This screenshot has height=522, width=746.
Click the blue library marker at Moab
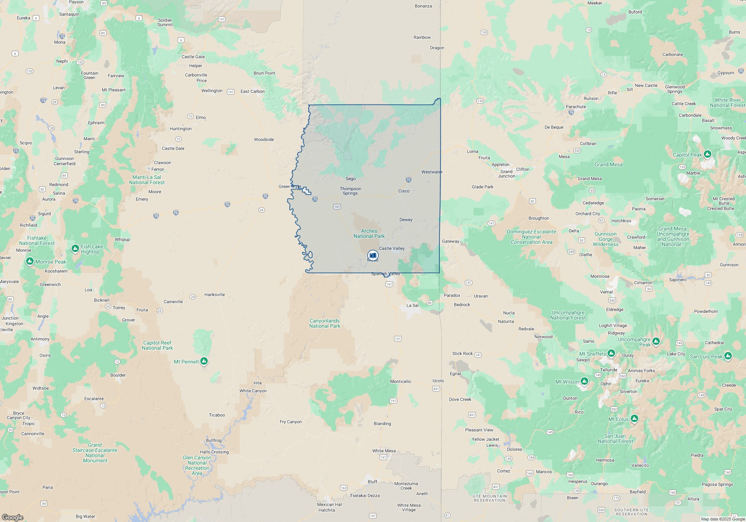(x=373, y=255)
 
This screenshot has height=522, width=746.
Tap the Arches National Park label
(x=369, y=233)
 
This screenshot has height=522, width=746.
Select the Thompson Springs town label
(x=350, y=191)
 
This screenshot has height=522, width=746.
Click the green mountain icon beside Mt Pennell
(x=204, y=361)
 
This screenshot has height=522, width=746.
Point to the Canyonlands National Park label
(x=325, y=323)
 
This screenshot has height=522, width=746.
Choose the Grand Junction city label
(x=506, y=174)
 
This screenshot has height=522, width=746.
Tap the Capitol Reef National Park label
(x=157, y=345)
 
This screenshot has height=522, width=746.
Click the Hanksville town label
(x=214, y=295)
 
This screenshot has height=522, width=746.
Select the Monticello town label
(x=400, y=381)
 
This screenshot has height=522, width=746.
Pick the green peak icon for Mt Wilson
(x=584, y=381)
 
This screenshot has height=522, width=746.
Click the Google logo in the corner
(x=12, y=517)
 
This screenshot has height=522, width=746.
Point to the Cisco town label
(x=404, y=191)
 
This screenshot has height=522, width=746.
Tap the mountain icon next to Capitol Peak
(x=708, y=154)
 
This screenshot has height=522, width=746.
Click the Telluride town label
(x=609, y=370)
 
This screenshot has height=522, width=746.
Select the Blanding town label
(x=382, y=424)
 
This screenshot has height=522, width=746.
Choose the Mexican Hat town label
(x=329, y=504)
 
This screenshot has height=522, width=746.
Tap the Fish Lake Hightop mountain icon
(x=75, y=248)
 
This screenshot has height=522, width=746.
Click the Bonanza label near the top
(x=423, y=6)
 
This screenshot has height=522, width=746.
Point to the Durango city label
(x=599, y=484)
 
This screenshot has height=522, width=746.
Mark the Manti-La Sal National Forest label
(x=147, y=180)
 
